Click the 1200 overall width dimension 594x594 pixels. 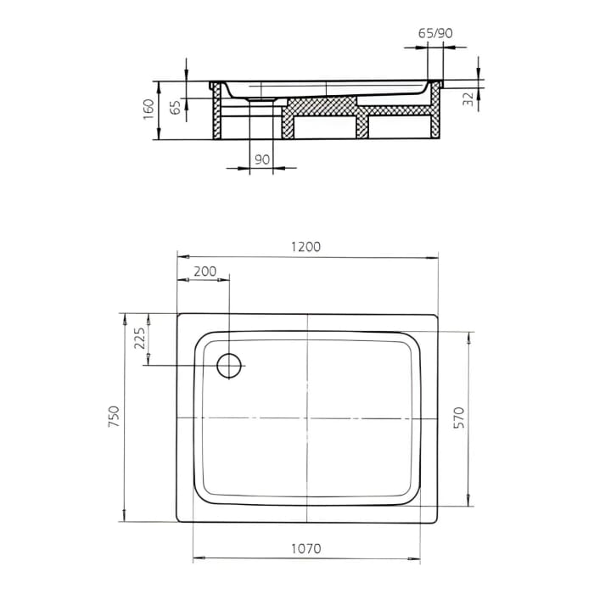(x=306, y=247)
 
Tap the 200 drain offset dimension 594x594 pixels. (x=205, y=272)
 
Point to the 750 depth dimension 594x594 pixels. (x=115, y=416)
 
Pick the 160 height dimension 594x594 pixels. (x=149, y=109)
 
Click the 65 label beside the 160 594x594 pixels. (x=176, y=108)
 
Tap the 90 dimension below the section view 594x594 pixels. (x=261, y=159)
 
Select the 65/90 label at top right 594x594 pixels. (x=435, y=33)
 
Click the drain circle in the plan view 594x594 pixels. (x=229, y=365)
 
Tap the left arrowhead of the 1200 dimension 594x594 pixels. (x=180, y=255)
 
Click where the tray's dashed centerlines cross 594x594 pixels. (x=307, y=419)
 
